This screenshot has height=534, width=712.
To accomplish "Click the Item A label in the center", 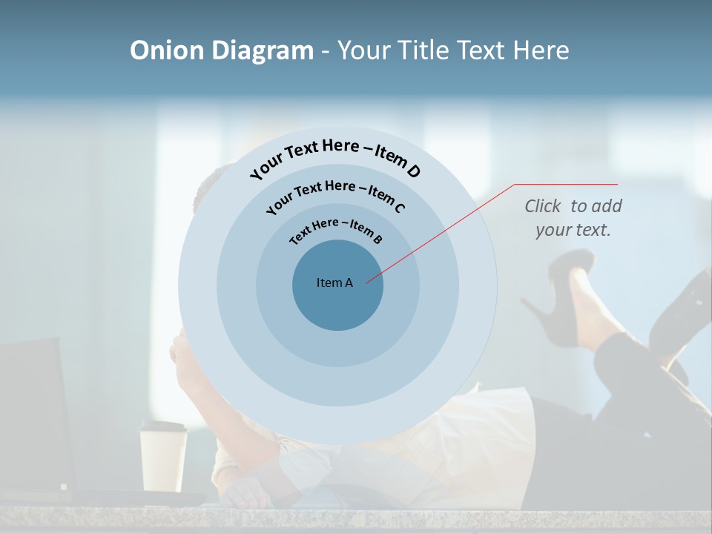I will pos(335,283).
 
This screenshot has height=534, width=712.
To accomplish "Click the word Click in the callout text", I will pos(544,206).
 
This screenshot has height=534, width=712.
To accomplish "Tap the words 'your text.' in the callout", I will pos(573,230).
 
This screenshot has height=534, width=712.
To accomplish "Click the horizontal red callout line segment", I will pos(566,184).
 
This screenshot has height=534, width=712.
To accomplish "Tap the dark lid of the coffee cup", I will pos(164,426).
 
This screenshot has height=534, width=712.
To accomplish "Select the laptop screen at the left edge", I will pos(33,415).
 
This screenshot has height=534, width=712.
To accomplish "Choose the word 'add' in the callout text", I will pos(607,206).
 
